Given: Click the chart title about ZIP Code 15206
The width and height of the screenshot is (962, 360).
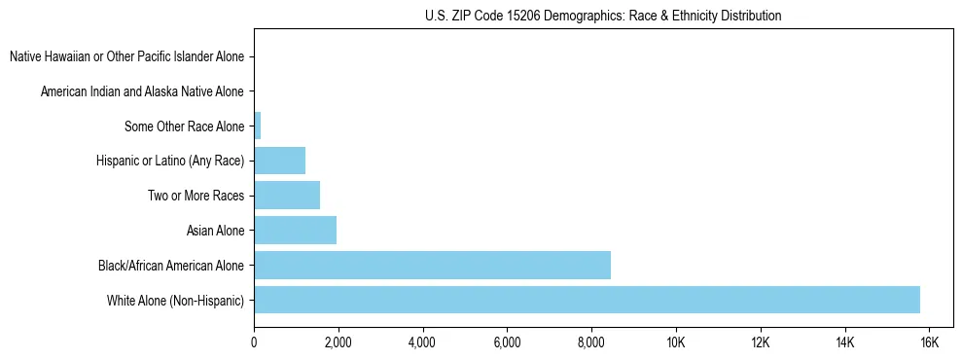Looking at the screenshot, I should coord(603,16).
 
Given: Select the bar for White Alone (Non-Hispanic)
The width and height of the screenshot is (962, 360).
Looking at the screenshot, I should coord(587,300).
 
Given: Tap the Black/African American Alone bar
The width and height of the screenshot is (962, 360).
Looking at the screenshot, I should coord(432,265).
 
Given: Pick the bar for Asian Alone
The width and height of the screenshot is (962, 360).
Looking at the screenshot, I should coord(295,231).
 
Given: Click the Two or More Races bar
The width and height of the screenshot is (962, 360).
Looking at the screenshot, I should coord(287,196).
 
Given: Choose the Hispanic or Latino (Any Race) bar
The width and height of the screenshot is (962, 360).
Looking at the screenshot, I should coord(279,161).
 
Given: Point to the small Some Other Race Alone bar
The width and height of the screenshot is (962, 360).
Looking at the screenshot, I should coord(258,126).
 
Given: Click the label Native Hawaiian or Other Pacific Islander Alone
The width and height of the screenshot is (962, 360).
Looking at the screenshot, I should coord(126,57).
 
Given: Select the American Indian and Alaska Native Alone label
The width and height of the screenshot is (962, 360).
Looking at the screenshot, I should coord(142,91).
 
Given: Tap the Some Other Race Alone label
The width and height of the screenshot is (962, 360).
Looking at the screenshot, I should coord(185,126).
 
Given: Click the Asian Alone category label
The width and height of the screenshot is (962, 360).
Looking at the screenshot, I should coord(215,231).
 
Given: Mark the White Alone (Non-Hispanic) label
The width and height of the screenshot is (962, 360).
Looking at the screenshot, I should coord(176,300).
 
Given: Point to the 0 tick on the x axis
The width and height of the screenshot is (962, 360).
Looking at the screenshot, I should coord(254,342).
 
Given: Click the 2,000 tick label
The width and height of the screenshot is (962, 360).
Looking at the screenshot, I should coord(338,342).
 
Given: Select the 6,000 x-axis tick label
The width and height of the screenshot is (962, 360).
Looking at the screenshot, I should coord(507,342).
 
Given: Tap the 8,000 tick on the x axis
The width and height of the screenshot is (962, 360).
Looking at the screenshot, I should coord(591,342).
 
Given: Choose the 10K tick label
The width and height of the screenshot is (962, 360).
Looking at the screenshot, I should coord(676,342).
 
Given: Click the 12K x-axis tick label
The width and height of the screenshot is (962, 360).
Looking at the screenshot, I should coord(761,342).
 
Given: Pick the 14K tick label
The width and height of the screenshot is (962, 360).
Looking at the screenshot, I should coord(844,342).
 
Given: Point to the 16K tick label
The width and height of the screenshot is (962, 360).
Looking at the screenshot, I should coord(929,342).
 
